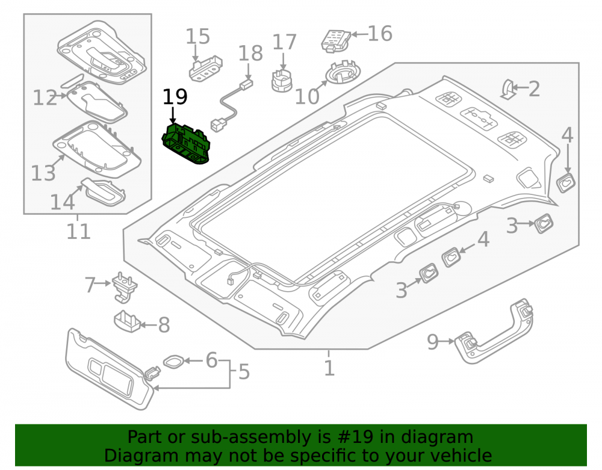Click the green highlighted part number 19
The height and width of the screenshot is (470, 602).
tap(186, 143)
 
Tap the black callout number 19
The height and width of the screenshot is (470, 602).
tap(175, 97)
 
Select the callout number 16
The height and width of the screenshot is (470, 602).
tap(380, 33)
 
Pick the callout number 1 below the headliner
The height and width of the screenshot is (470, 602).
tap(329, 368)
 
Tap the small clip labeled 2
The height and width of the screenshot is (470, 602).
tap(508, 90)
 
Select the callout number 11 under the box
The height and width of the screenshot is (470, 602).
tap(79, 231)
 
